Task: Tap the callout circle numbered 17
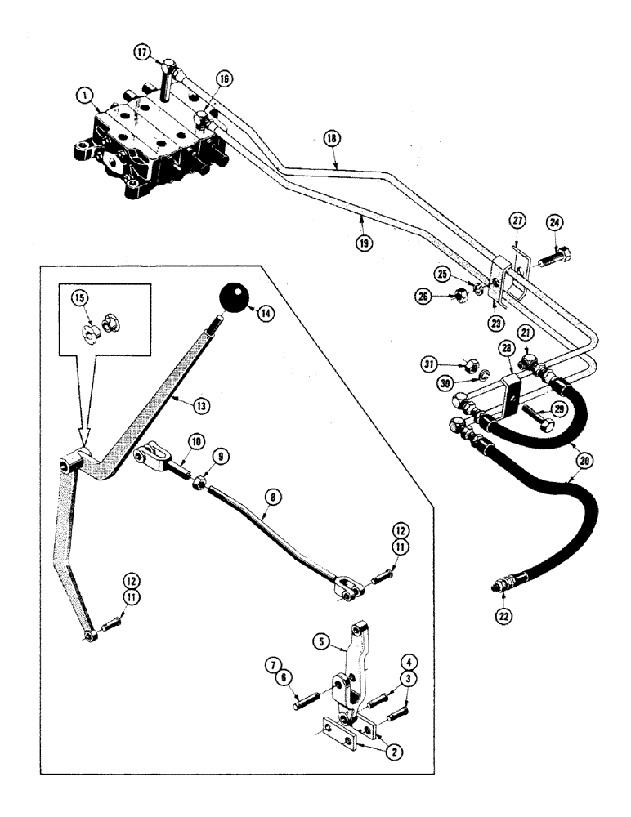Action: point(143,52)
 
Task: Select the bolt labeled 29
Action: point(537,421)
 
